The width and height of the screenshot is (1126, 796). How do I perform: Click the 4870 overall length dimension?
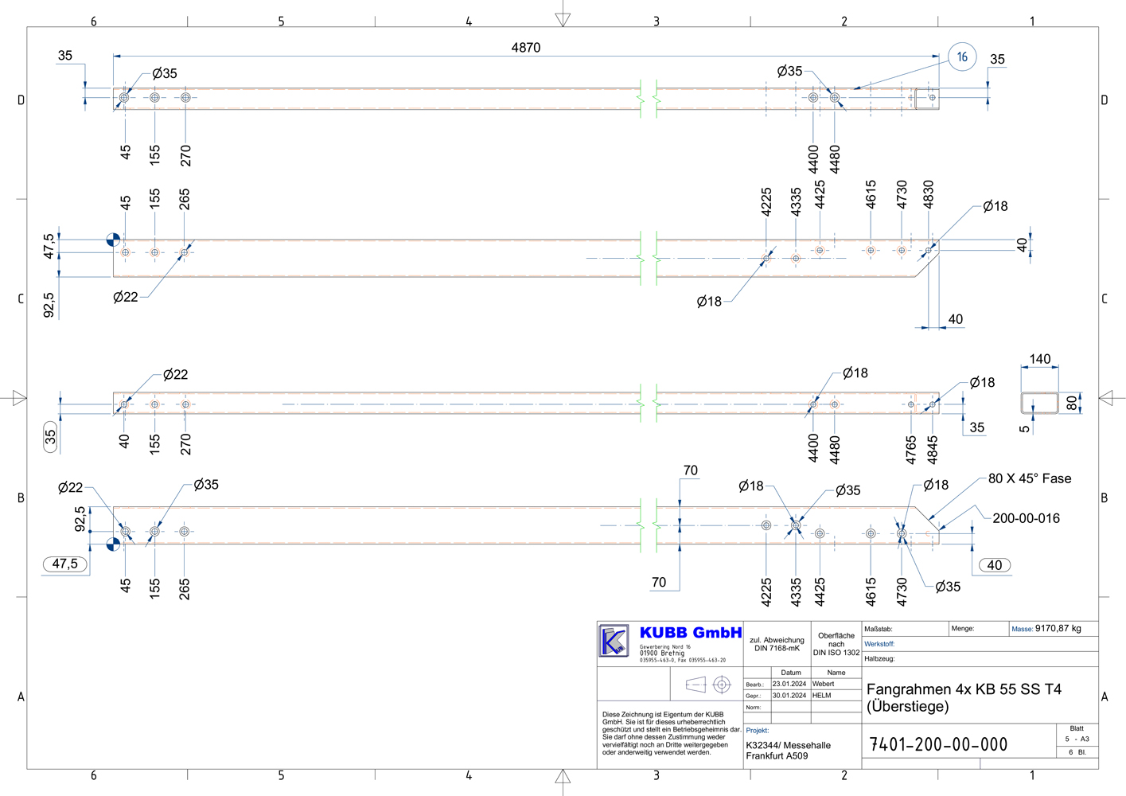coord(525,48)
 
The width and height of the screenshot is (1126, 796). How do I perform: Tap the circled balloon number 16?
coord(962,57)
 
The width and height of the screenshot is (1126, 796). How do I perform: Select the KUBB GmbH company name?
coord(690,633)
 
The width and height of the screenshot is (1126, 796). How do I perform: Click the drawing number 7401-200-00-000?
coord(938,745)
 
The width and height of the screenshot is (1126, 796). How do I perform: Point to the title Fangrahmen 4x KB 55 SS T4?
coord(964,689)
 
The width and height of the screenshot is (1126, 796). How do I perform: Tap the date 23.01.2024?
coord(789,684)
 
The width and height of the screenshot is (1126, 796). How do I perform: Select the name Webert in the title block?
coord(823,684)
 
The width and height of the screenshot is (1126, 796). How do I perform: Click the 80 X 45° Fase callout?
coord(1029,478)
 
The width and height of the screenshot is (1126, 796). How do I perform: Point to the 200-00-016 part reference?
coord(1026,518)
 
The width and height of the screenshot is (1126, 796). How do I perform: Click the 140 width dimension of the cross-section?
coord(1039,359)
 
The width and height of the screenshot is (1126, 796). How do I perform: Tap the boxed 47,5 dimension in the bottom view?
coord(65,564)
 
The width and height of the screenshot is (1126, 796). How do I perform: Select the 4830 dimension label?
coord(929,194)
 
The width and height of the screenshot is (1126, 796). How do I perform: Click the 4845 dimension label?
coord(933,449)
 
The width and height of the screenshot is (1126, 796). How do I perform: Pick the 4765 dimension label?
coord(911,449)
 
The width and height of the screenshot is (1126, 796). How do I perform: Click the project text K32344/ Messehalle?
coord(788,745)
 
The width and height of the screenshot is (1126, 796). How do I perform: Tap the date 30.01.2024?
coord(789,696)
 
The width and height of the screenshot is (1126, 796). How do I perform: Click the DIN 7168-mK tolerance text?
coord(777,649)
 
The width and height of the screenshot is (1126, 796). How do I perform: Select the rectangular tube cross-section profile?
coord(1039,403)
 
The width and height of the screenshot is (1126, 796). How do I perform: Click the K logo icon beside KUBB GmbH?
coord(614,641)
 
